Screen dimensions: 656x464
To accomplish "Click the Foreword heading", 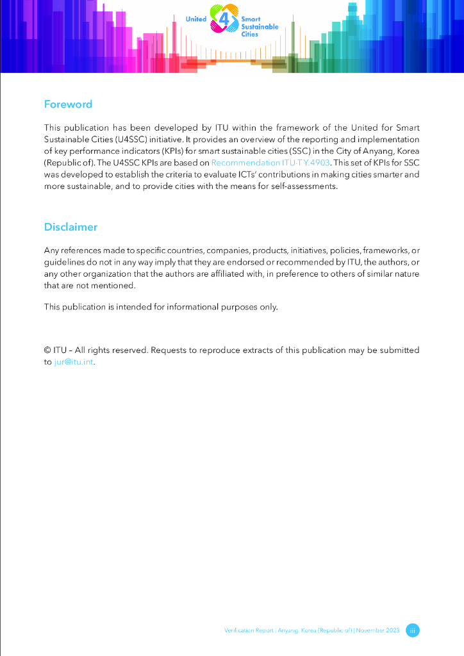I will pos(68,104).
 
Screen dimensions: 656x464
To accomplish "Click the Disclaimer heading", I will pos(70,227).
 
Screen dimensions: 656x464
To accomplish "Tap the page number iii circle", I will pos(413,630).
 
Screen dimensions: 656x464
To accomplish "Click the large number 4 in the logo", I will pos(224,20).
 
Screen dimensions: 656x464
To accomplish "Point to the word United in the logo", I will pos(196,19).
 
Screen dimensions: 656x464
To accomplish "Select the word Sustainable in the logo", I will pos(260,27).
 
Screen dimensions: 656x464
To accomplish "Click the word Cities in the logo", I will pos(250,35).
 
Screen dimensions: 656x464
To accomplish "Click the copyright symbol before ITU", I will pos(47,350).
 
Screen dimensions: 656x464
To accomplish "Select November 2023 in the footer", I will pos(378,630).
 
